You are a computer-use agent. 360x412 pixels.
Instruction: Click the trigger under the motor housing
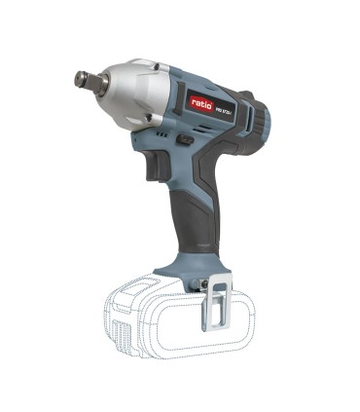coord(154,167)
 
